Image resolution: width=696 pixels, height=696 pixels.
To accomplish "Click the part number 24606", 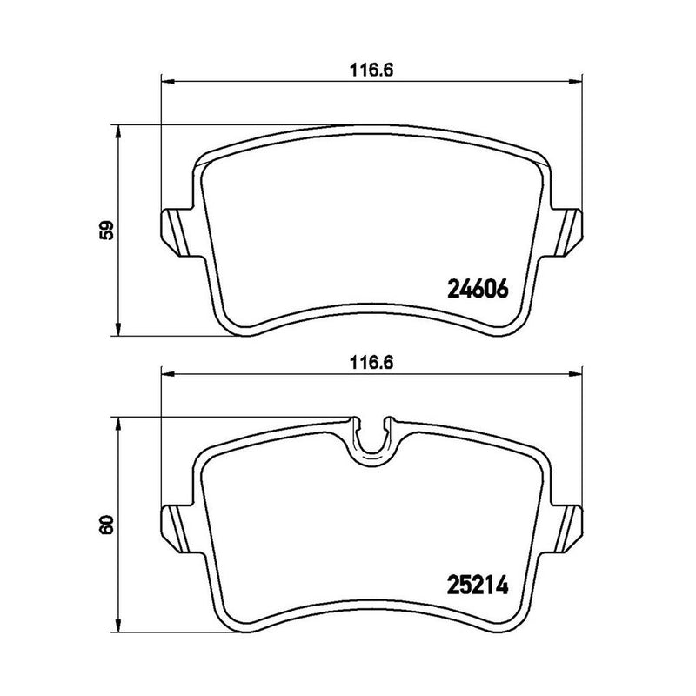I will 477,288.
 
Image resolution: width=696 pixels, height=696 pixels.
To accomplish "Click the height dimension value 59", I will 107,231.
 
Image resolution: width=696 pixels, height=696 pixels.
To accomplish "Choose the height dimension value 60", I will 107,525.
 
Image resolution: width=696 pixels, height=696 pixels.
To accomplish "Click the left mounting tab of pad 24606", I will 174,231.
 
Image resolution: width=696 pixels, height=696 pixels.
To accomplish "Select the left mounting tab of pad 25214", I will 174,525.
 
